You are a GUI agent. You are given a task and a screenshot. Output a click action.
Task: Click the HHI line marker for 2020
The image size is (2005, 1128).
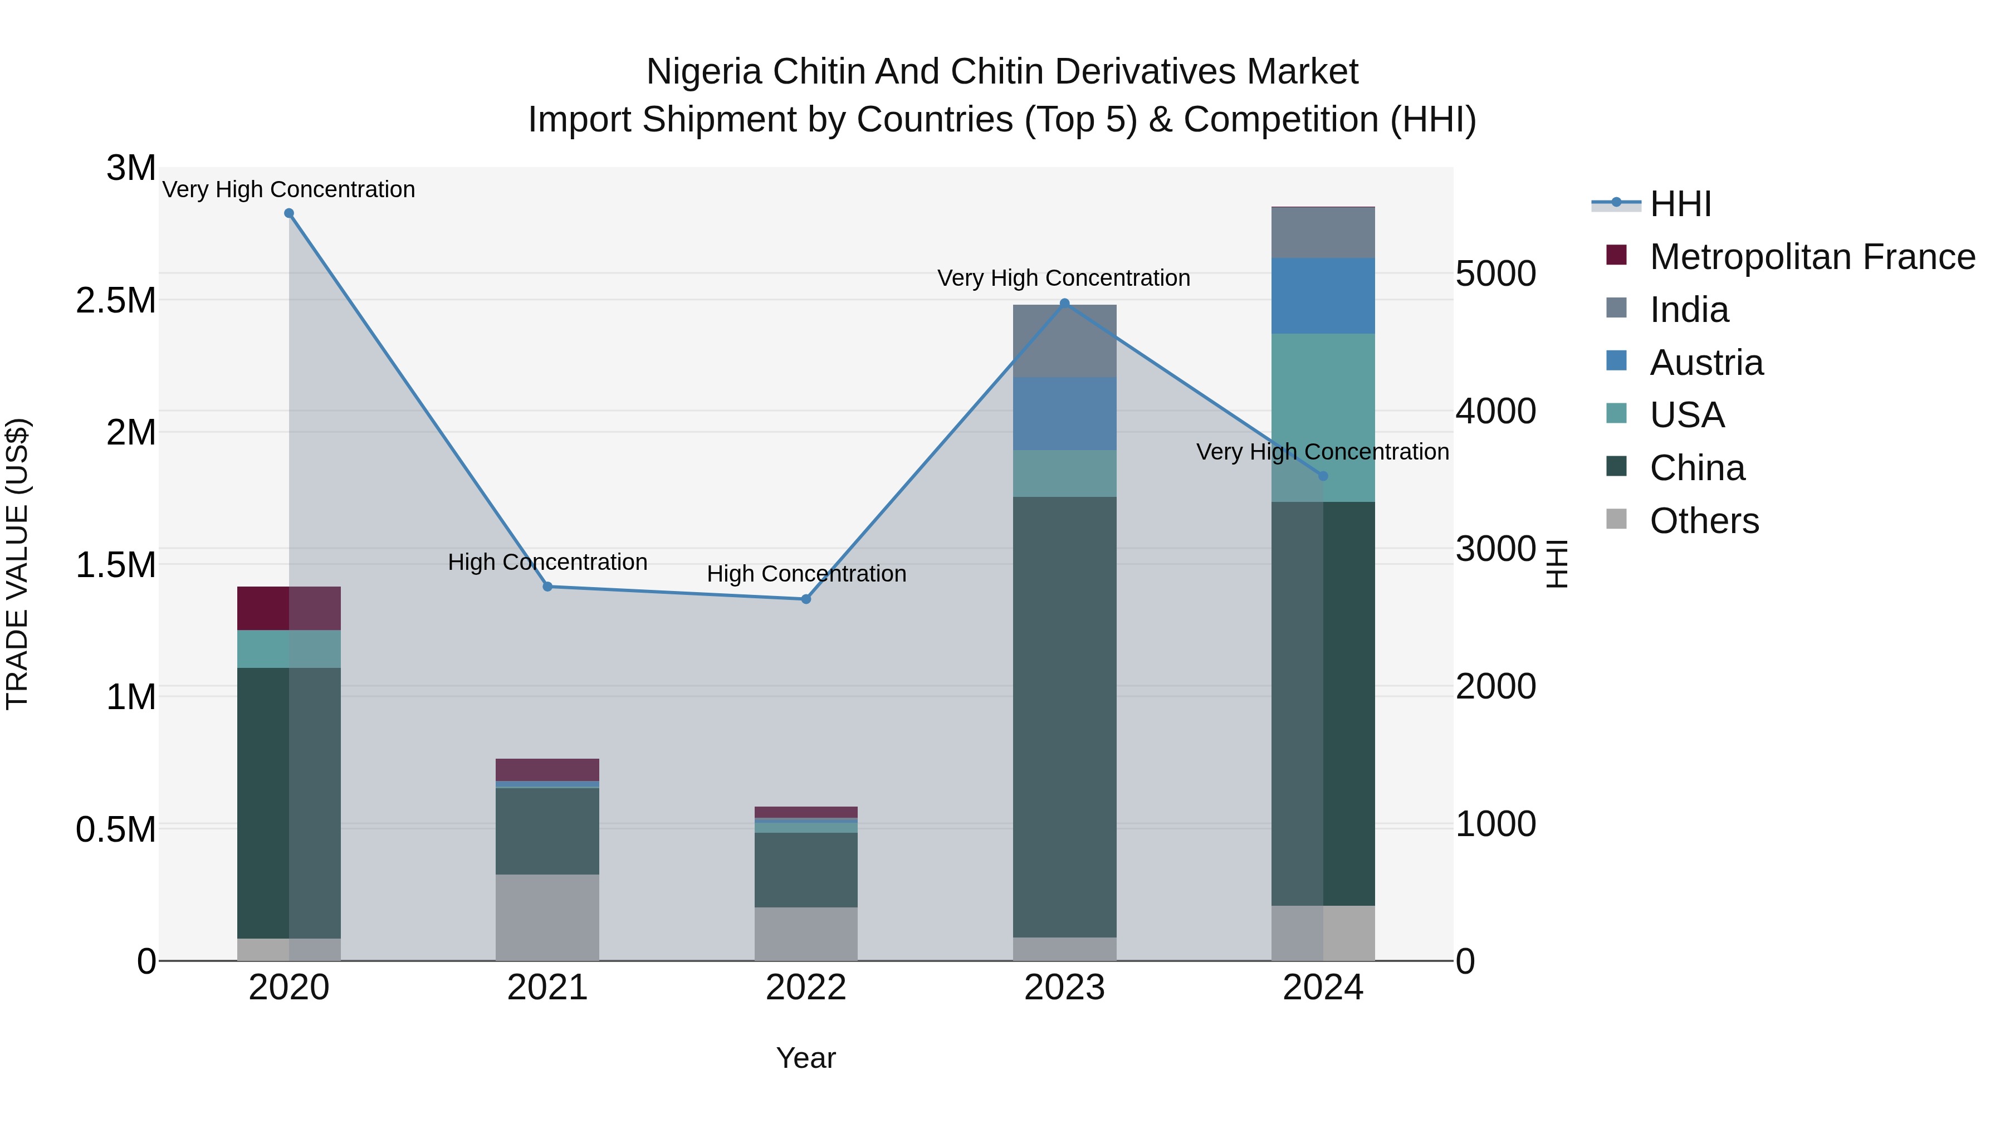288,213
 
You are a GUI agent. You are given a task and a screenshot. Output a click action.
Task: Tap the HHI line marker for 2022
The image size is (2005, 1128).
805,599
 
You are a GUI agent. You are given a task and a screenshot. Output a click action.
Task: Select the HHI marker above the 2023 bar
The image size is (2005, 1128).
1065,304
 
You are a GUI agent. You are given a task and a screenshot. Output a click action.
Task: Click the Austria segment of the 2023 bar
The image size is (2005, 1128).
1065,413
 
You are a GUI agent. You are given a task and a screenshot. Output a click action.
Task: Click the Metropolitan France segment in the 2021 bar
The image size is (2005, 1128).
547,769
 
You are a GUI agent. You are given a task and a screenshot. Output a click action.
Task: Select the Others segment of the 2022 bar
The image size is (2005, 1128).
805,934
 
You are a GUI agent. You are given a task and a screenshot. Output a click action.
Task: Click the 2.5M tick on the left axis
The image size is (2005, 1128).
116,300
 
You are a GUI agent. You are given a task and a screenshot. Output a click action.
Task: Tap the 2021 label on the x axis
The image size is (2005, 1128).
547,988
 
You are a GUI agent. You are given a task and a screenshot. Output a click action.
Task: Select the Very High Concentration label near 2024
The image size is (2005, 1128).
1322,452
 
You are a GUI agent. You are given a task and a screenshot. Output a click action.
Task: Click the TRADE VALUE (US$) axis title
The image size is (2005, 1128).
17,564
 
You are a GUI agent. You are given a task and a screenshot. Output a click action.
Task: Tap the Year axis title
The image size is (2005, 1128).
805,1058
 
